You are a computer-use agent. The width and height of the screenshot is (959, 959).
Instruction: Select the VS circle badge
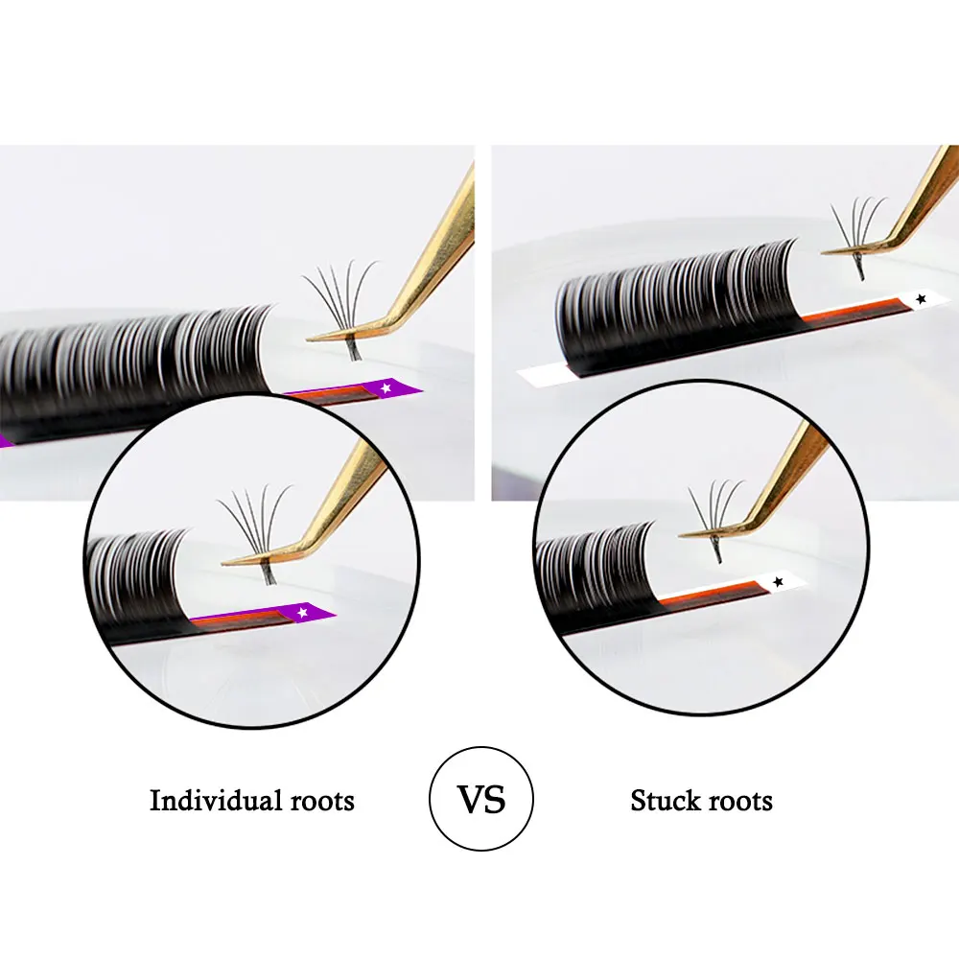click(x=480, y=799)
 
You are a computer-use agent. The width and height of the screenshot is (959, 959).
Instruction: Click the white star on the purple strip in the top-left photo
click(x=386, y=387)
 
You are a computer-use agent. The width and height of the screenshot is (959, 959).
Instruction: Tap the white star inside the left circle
click(x=304, y=611)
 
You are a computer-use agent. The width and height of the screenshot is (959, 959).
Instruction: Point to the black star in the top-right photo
click(x=922, y=299)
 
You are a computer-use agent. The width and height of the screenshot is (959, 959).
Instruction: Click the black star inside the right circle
click(x=778, y=582)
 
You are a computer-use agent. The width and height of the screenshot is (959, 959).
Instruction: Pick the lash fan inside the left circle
click(x=256, y=527)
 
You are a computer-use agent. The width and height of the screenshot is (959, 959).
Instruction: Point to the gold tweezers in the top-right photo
click(x=921, y=201)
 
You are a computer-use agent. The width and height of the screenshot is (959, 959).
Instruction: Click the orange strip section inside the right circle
click(x=710, y=596)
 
